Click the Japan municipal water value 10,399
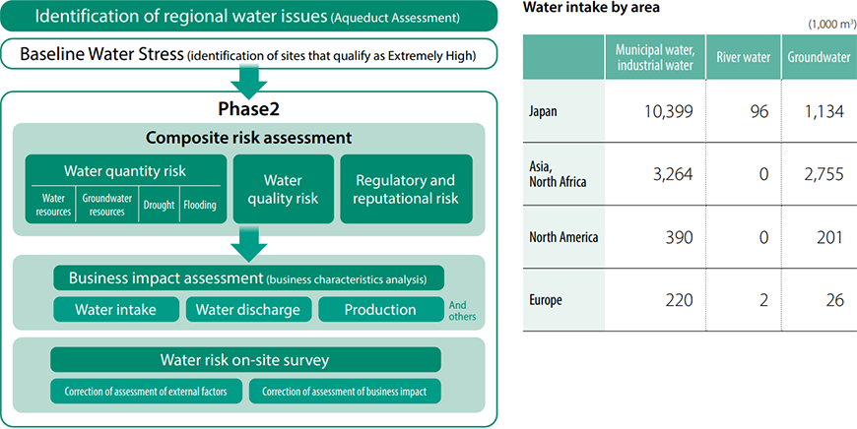669,111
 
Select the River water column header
744,57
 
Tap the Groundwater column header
819,57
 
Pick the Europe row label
546,300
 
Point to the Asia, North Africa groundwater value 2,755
821,174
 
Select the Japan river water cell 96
759,111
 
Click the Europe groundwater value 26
834,300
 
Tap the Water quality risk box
283,189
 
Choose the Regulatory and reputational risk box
406,189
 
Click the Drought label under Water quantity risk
159,206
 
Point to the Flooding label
200,206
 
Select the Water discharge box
248,310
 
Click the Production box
381,310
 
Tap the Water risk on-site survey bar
245,360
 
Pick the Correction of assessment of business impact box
345,392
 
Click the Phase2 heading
248,108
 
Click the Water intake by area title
591,7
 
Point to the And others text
462,311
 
